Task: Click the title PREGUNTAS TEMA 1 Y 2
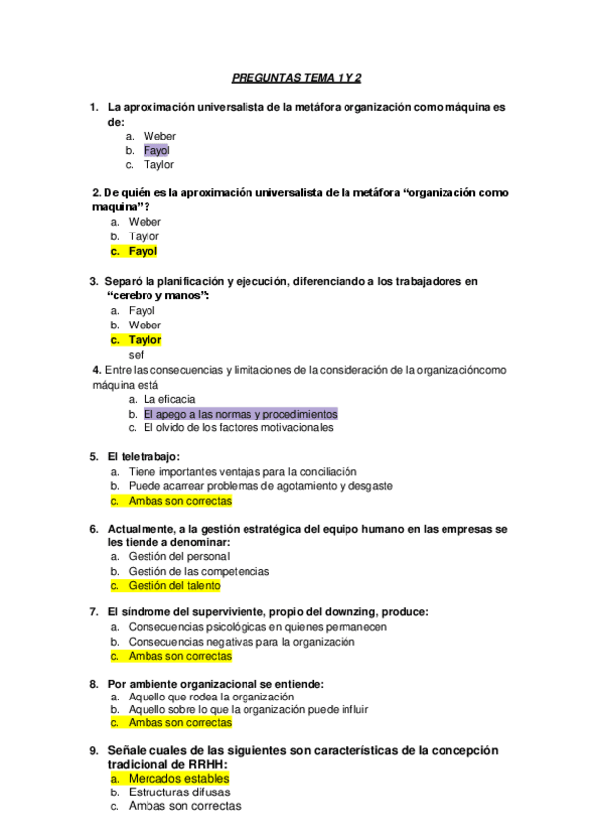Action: click(x=296, y=76)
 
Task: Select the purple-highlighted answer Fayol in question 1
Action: click(x=156, y=150)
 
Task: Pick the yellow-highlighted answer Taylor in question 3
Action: click(x=145, y=339)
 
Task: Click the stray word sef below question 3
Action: click(x=137, y=354)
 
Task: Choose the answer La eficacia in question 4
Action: click(x=169, y=399)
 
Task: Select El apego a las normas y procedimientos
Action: click(x=240, y=414)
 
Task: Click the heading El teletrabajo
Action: click(x=144, y=457)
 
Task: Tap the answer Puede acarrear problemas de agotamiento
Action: click(x=260, y=486)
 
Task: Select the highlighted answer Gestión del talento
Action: click(x=174, y=586)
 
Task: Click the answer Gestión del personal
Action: click(x=178, y=556)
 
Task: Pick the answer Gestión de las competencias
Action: click(x=198, y=571)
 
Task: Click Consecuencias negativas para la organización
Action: click(x=241, y=642)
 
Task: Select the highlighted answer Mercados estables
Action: click(x=178, y=779)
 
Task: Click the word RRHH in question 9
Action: click(x=206, y=764)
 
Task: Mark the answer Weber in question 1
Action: click(x=159, y=136)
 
